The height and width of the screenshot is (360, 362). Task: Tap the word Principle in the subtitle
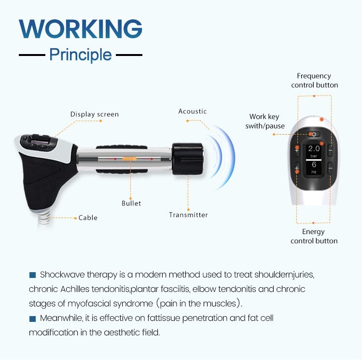81,55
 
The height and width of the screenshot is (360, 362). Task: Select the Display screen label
95,114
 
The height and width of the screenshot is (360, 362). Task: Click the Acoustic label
193,111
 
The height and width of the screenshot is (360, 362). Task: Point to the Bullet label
131,203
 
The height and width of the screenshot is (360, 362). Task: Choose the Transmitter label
188,215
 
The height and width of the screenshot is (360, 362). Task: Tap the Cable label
88,218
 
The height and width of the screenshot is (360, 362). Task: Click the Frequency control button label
314,81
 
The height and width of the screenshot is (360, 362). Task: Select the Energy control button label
314,236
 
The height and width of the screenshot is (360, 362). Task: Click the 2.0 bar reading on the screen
314,151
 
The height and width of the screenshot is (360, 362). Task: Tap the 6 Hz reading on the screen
314,167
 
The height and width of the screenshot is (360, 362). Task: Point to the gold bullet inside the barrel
128,158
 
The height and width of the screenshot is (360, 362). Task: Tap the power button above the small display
314,134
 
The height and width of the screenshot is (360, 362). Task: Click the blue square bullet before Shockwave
33,275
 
